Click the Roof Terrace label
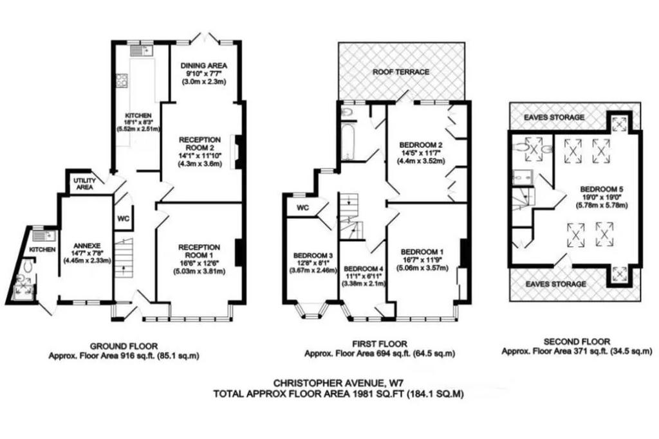point(401,72)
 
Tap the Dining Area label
point(204,66)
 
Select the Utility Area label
point(84,184)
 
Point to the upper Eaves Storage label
point(554,117)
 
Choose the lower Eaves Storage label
point(555,284)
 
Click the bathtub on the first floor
point(349,141)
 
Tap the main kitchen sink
point(142,51)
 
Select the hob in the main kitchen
point(122,80)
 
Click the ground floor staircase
point(124,258)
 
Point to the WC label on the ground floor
point(123,219)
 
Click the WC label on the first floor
point(302,208)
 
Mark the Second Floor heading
point(577,342)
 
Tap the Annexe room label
point(88,246)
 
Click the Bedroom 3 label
point(313,255)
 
